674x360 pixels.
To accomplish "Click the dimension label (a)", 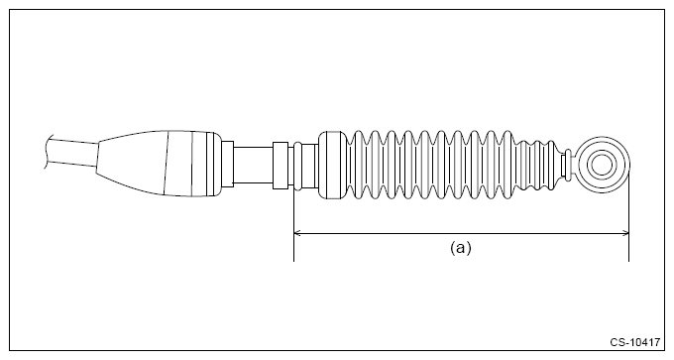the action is (460, 248).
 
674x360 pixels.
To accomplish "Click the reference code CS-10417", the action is (635, 342).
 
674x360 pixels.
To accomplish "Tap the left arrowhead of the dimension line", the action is (297, 233).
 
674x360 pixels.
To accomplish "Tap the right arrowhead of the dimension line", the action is (625, 233).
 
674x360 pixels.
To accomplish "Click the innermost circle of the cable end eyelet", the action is (601, 165).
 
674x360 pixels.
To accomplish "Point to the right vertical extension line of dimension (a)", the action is (628, 216).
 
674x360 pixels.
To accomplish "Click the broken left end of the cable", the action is (47, 152).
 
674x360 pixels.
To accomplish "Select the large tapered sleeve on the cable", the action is (159, 164).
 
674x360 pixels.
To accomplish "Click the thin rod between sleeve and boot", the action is (253, 165).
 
